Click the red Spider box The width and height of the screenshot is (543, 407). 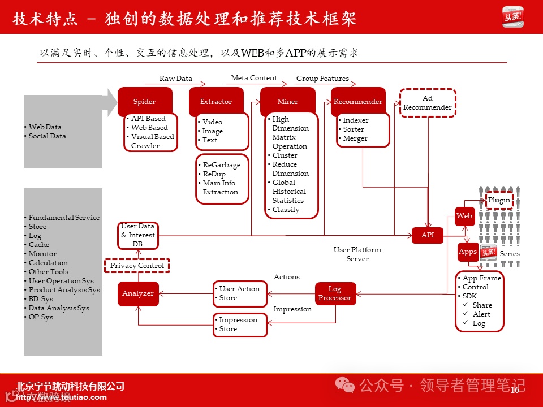click(144, 102)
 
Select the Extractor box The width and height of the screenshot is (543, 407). click(216, 102)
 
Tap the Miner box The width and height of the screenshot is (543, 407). click(287, 102)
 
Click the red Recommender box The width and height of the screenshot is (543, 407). click(358, 102)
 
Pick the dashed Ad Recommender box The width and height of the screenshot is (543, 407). click(428, 103)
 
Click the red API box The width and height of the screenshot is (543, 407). click(428, 235)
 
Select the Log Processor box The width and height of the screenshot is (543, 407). click(335, 293)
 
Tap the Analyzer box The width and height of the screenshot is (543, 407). click(138, 293)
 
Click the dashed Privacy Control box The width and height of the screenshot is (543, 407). click(137, 266)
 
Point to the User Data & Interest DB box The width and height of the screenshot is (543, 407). click(137, 235)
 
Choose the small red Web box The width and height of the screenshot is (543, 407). click(464, 216)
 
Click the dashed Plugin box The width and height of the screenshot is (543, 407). click(499, 200)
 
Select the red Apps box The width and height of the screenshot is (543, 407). click(467, 252)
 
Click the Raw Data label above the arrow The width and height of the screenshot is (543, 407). click(176, 79)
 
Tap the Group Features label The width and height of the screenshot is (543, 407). click(322, 79)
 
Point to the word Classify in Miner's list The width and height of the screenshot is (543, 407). click(286, 210)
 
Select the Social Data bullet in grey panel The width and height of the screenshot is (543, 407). click(47, 136)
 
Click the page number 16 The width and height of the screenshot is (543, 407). click(515, 390)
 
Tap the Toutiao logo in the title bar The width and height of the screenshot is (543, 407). click(513, 17)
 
